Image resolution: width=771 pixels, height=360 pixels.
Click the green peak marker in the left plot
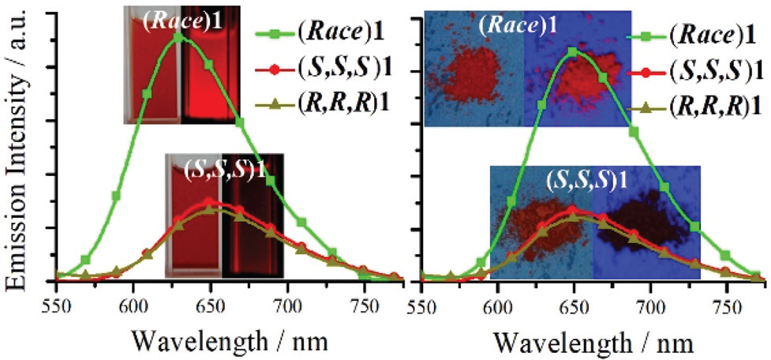click(x=178, y=36)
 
